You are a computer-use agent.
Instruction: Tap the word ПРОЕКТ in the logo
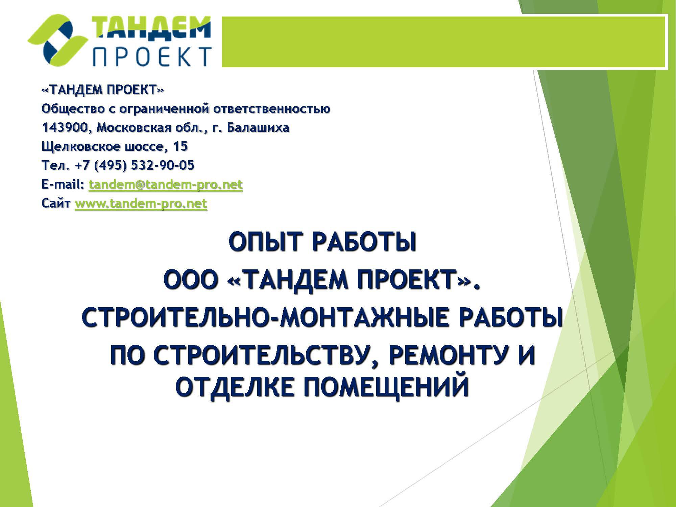click(x=152, y=56)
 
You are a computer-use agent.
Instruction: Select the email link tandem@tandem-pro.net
click(x=166, y=185)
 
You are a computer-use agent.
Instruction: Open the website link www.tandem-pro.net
click(x=141, y=204)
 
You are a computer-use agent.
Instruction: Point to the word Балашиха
click(x=258, y=127)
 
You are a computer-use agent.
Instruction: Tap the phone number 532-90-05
click(x=162, y=165)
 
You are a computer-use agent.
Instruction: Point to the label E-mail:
click(x=63, y=185)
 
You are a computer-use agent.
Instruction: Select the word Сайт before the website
click(x=56, y=203)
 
